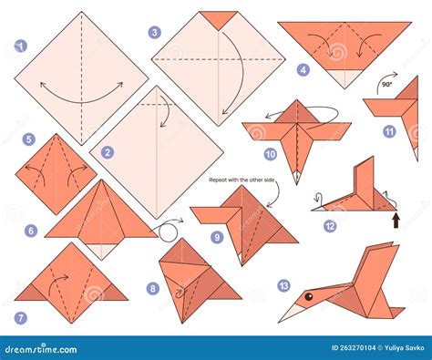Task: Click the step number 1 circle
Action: coord(21,45)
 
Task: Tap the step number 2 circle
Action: coord(108,152)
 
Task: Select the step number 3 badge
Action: coord(155,32)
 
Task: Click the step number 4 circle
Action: coord(303,69)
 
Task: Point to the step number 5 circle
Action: coord(29,139)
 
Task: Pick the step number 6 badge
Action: coord(30,231)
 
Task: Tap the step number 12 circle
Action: coord(329,225)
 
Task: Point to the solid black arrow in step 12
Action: coord(395,219)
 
